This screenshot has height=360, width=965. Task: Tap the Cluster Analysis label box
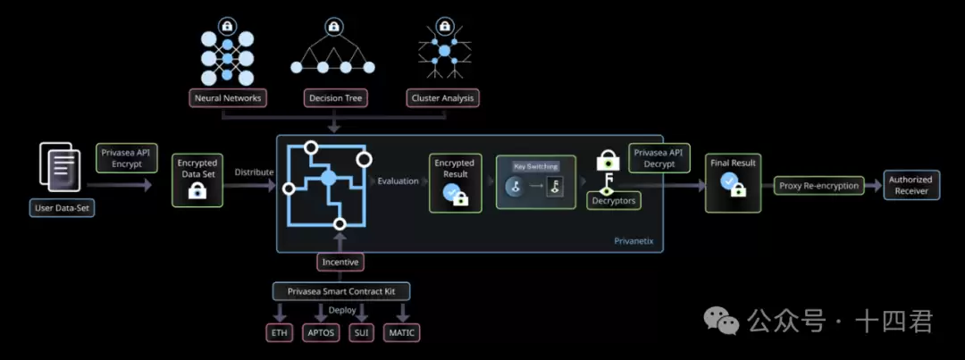click(442, 97)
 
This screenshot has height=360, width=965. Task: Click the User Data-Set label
click(61, 208)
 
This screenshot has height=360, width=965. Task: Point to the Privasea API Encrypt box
click(126, 158)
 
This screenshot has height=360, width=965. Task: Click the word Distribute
click(254, 172)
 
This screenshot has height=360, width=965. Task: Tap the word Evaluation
click(398, 181)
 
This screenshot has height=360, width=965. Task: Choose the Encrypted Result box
click(455, 183)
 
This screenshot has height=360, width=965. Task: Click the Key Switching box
click(536, 182)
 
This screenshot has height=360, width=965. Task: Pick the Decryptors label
click(612, 202)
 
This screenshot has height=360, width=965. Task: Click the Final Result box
click(734, 181)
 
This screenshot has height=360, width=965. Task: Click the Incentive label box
click(340, 263)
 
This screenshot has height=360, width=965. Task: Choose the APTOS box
click(320, 333)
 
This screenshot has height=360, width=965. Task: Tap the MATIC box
click(400, 333)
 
